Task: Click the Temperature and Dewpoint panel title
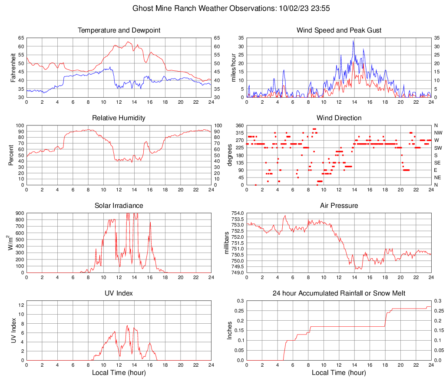119,30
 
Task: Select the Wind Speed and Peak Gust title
339,30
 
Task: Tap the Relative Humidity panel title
119,118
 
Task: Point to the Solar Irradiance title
119,206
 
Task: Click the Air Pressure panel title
339,206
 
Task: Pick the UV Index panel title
119,293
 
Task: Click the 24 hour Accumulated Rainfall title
339,293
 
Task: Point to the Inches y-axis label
230,330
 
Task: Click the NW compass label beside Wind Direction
439,133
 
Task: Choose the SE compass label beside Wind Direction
438,163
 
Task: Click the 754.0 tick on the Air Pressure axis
237,213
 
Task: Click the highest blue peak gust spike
354,40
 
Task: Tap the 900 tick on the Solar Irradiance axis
20,213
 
